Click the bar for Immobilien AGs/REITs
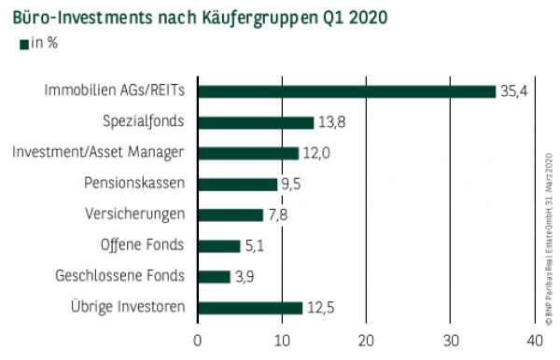pyautogui.click(x=346, y=91)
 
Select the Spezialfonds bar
pyautogui.click(x=256, y=122)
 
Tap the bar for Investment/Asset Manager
pyautogui.click(x=248, y=153)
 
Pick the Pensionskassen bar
pyautogui.click(x=238, y=184)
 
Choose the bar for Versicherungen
pyautogui.click(x=231, y=215)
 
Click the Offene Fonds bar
pyautogui.click(x=219, y=246)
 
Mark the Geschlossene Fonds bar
pyautogui.click(x=214, y=276)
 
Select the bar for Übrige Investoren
pyautogui.click(x=250, y=307)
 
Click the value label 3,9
pyautogui.click(x=246, y=276)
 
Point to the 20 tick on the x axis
pyautogui.click(x=367, y=339)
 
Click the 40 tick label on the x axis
pyautogui.click(x=535, y=339)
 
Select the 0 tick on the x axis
pyautogui.click(x=198, y=339)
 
